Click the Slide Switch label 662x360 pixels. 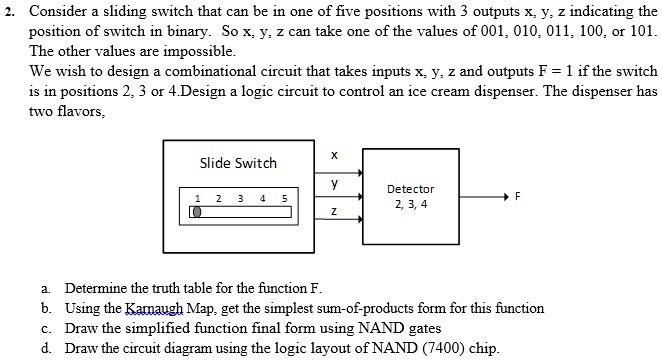pyautogui.click(x=238, y=163)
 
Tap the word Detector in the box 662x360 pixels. pyautogui.click(x=410, y=189)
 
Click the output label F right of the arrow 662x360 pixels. pyautogui.click(x=517, y=196)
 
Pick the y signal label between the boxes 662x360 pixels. pyautogui.click(x=334, y=183)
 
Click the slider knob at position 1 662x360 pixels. pyautogui.click(x=197, y=212)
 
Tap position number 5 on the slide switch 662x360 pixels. pyautogui.click(x=284, y=198)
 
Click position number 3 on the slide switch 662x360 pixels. pyautogui.click(x=241, y=198)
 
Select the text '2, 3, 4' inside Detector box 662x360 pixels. pyautogui.click(x=410, y=204)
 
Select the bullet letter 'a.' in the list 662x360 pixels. pyautogui.click(x=47, y=290)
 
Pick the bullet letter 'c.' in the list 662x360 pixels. pyautogui.click(x=47, y=328)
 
